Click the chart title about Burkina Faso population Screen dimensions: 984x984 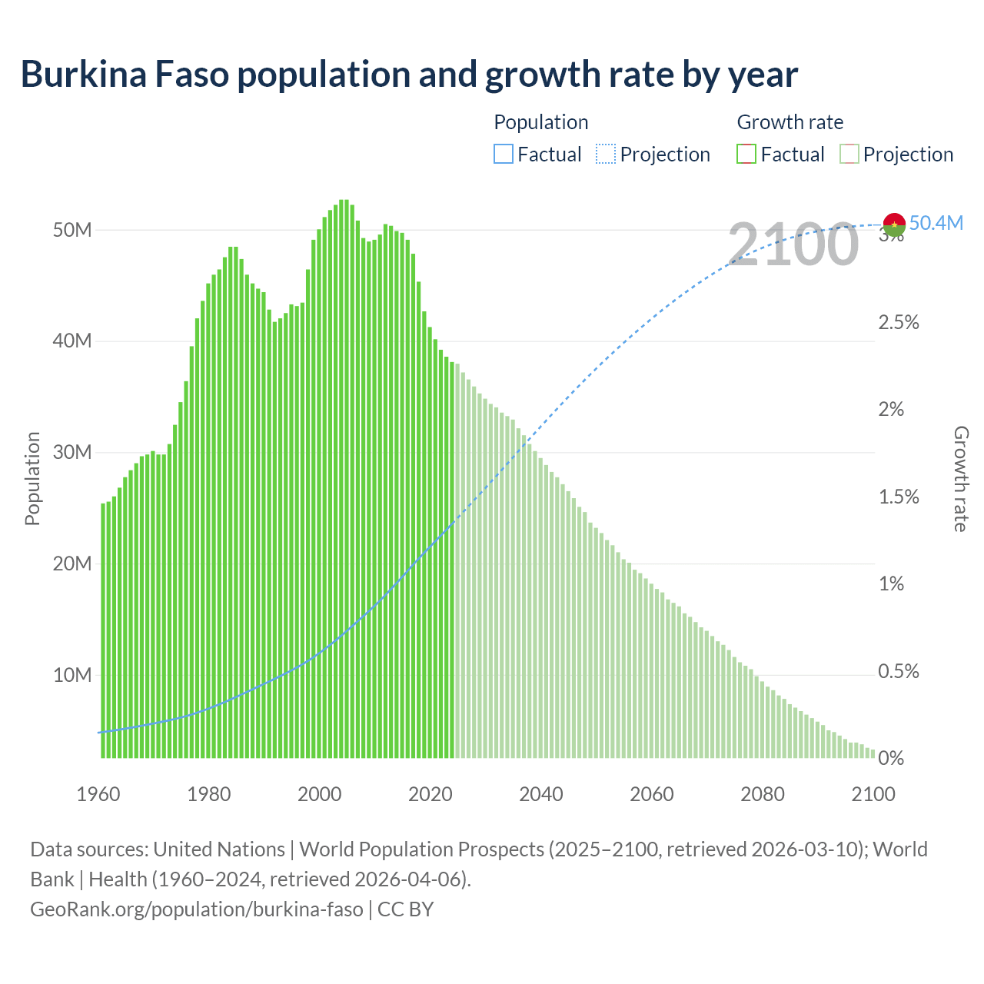409,75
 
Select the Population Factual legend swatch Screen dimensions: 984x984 503,155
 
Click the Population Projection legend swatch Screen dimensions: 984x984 605,155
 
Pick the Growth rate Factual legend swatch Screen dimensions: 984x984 746,155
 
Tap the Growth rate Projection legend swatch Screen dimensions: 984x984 849,155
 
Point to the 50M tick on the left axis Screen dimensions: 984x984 72,230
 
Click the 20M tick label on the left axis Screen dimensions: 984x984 72,563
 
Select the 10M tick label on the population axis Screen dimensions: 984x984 72,675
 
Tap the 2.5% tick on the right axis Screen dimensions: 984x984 899,322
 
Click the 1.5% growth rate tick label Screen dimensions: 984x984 899,497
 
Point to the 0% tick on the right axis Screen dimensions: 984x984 891,759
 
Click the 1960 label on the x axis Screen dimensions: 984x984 98,794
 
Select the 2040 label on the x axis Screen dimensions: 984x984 541,794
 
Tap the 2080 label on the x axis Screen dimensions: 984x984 763,794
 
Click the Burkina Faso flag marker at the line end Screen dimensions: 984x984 894,224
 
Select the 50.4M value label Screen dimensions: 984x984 936,223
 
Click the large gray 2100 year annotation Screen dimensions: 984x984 793,244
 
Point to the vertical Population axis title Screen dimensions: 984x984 32,478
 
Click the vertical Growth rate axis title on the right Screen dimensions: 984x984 960,479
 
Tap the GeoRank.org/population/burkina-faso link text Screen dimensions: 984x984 197,909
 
